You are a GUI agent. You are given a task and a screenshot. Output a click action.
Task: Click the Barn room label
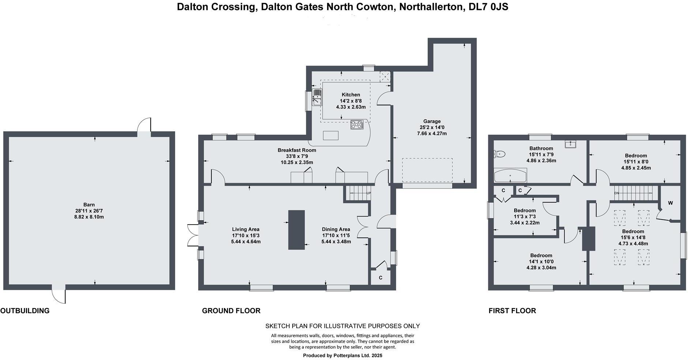(89, 205)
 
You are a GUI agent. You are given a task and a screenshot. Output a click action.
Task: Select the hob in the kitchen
(357, 125)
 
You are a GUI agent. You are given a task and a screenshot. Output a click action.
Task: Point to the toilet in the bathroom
(499, 154)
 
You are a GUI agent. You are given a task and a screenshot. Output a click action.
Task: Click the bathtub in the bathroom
(510, 176)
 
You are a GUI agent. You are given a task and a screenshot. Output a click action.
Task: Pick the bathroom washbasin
(570, 144)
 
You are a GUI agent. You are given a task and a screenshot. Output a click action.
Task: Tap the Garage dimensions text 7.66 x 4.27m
(432, 134)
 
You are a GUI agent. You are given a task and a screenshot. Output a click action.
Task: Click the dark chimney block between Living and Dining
(296, 230)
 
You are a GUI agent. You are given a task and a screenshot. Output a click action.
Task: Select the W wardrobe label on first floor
(670, 203)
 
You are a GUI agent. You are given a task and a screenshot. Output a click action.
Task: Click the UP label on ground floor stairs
(368, 193)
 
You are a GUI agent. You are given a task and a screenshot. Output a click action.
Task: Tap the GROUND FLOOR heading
(231, 311)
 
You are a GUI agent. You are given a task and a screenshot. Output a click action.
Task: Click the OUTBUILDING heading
(25, 311)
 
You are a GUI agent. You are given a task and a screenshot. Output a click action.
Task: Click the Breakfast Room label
(297, 150)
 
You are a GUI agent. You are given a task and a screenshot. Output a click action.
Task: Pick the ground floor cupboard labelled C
(380, 278)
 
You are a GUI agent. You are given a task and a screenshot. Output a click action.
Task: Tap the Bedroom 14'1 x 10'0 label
(541, 255)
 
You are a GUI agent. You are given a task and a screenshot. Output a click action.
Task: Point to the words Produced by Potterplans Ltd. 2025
(342, 355)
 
